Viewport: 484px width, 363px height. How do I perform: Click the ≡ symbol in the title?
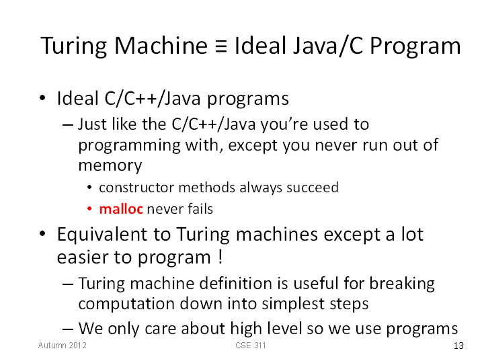[221, 46]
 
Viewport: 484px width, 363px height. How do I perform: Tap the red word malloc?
[121, 209]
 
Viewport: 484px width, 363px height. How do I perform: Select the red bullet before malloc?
[89, 209]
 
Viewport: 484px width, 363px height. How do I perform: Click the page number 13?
[458, 346]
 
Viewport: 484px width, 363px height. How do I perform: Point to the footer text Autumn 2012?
[63, 345]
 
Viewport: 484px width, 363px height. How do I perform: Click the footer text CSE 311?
[250, 345]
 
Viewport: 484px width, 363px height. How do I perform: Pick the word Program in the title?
[415, 47]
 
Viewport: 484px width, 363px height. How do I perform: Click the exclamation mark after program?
[220, 257]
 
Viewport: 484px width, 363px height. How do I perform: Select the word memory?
[110, 166]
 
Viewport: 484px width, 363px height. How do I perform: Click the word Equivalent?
[114, 235]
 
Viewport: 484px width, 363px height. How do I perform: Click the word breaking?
[402, 284]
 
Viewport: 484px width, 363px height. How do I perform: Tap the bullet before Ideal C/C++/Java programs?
[42, 98]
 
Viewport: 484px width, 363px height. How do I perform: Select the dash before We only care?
[68, 329]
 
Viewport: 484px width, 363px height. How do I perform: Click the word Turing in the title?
[73, 47]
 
